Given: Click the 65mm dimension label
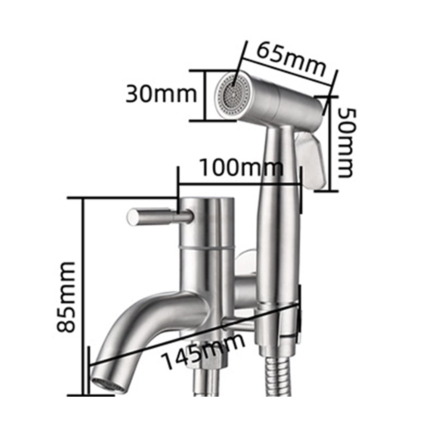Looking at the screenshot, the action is (x=291, y=60).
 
